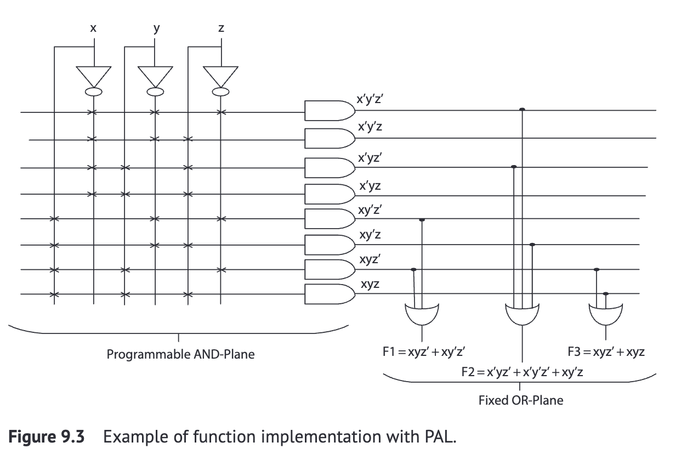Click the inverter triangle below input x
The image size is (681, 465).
tap(94, 75)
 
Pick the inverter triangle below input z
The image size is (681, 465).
tap(220, 75)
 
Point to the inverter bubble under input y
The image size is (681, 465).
tap(156, 92)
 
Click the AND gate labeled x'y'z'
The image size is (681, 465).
tap(328, 110)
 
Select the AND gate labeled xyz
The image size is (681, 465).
tap(328, 294)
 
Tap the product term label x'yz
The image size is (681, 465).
tap(370, 186)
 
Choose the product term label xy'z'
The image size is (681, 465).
tap(370, 211)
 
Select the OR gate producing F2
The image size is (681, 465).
tap(522, 314)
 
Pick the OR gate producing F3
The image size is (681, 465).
tap(605, 314)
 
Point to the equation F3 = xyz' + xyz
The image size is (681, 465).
tap(606, 352)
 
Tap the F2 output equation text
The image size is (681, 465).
tap(522, 372)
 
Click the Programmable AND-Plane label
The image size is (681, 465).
tap(180, 354)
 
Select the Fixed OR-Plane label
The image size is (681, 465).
tap(520, 400)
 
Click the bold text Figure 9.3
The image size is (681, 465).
tap(47, 438)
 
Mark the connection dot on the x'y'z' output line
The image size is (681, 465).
tap(522, 110)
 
